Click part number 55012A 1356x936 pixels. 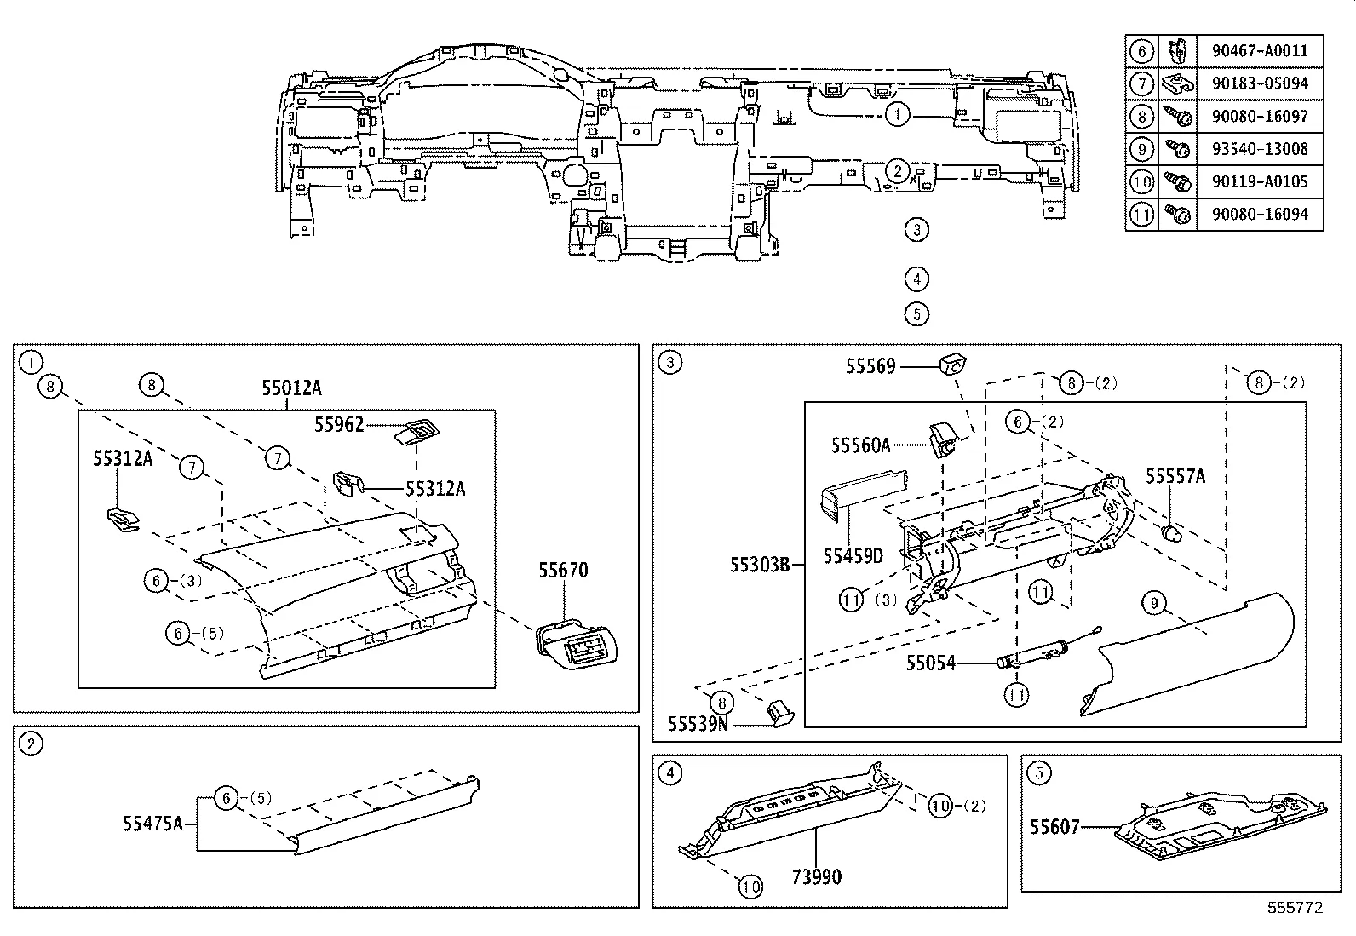point(291,388)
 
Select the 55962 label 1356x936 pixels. point(338,425)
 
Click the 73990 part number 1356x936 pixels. point(815,876)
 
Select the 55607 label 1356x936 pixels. point(1054,826)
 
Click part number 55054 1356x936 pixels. point(930,663)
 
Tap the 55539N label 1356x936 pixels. point(698,724)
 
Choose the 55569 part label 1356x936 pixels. point(870,366)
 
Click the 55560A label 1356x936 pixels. point(860,445)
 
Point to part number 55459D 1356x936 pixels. point(853,556)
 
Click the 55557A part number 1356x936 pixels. point(1175,476)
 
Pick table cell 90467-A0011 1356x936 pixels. point(1259,51)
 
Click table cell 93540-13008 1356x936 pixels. point(1259,149)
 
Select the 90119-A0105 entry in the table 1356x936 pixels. point(1259,181)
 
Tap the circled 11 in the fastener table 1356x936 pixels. point(1141,215)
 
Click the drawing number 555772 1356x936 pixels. point(1295,908)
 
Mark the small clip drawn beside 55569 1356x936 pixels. point(952,364)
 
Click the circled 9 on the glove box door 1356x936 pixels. point(1153,604)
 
